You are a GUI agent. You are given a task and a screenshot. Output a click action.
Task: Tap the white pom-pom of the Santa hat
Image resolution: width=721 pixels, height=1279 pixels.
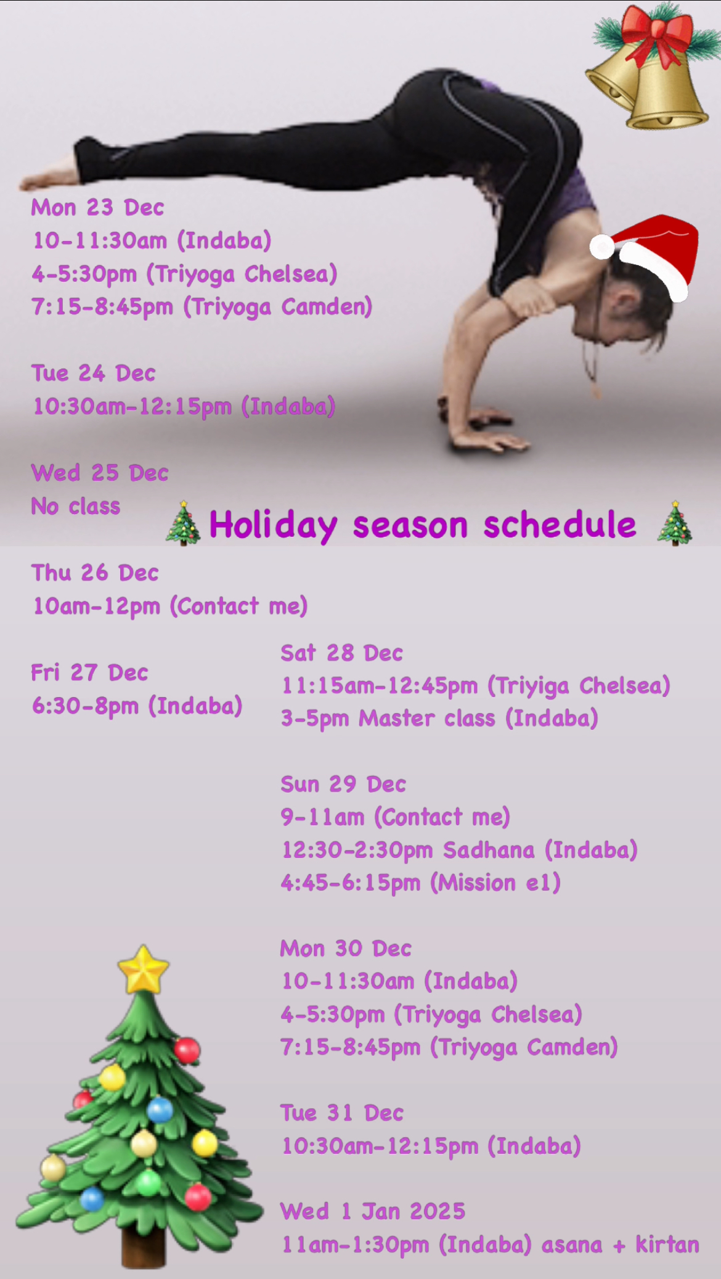[602, 247]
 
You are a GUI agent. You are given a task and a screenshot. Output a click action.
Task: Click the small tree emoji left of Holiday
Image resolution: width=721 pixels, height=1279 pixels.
[183, 523]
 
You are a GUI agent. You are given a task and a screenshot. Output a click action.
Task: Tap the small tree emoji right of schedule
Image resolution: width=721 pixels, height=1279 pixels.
[675, 523]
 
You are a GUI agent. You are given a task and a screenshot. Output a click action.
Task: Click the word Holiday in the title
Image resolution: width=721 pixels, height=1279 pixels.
[273, 526]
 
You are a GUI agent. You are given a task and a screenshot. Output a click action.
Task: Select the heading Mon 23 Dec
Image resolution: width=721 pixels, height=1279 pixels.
[97, 208]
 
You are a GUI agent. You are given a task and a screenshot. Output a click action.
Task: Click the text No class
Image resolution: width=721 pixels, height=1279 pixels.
[76, 507]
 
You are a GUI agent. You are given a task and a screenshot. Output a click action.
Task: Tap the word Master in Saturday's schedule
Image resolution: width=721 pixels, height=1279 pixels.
[397, 719]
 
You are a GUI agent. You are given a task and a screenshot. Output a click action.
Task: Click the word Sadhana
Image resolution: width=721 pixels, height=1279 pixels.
[489, 850]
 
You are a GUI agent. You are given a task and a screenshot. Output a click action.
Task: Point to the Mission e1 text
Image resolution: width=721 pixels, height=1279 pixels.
[495, 883]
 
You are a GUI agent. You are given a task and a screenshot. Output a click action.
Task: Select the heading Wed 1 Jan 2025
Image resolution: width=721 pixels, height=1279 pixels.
[373, 1211]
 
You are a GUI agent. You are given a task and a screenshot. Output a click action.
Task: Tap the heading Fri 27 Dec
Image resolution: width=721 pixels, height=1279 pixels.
[89, 672]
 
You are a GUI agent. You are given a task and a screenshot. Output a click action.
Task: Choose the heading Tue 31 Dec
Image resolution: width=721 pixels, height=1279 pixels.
[342, 1113]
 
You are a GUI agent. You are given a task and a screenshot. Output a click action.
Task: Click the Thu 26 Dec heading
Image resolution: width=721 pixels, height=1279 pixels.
[95, 573]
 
